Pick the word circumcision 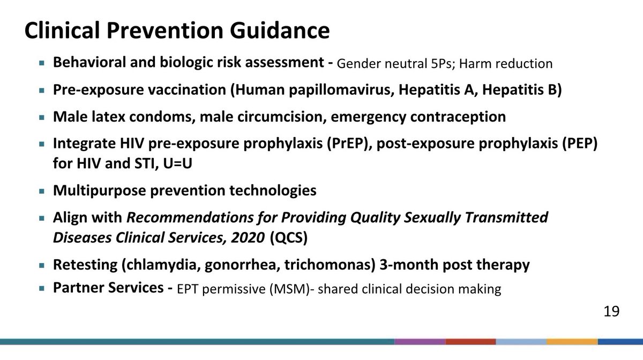click(253, 117)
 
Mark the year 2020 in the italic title click(246, 237)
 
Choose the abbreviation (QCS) click(289, 237)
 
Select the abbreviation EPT click(188, 290)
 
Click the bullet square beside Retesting click(42, 265)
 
